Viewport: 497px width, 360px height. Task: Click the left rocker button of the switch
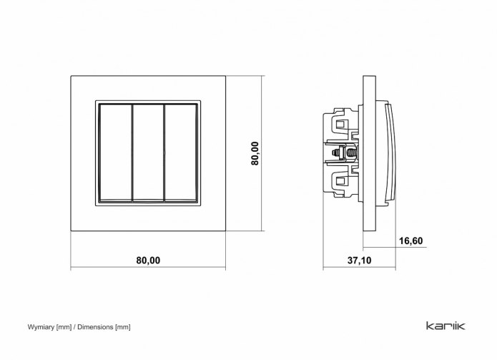115,152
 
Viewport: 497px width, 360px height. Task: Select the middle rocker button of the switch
148,152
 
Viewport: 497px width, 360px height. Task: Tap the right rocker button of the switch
181,152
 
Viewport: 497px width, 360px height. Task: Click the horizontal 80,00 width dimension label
148,261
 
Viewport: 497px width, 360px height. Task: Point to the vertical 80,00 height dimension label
255,153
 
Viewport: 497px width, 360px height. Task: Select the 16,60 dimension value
410,241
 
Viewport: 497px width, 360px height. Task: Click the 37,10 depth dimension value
359,261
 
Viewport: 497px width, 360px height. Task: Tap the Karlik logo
446,326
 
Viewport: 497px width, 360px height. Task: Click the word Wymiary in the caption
41,327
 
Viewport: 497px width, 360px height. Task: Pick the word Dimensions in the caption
95,326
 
